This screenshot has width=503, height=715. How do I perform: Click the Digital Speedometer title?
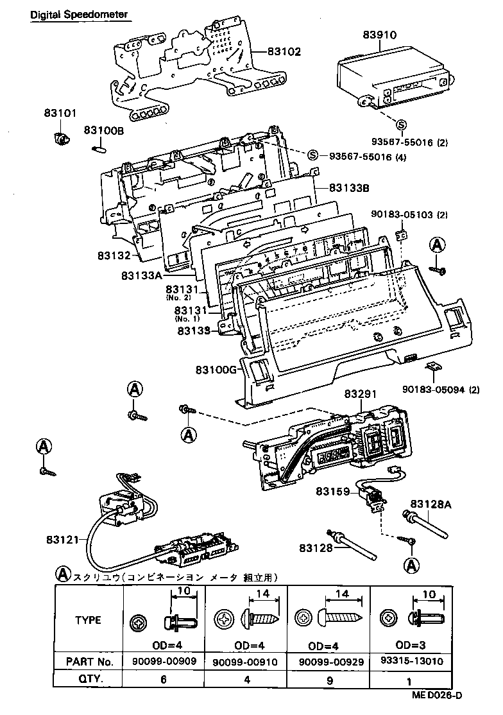coord(78,13)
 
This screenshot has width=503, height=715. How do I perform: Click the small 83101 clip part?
coord(62,137)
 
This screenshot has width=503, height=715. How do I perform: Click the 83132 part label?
coord(114,255)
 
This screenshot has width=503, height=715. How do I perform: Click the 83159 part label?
coord(332,492)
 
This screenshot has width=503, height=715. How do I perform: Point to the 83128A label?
coord(431,504)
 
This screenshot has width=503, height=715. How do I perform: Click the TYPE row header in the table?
coord(89,620)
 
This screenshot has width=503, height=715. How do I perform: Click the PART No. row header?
coord(89,661)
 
